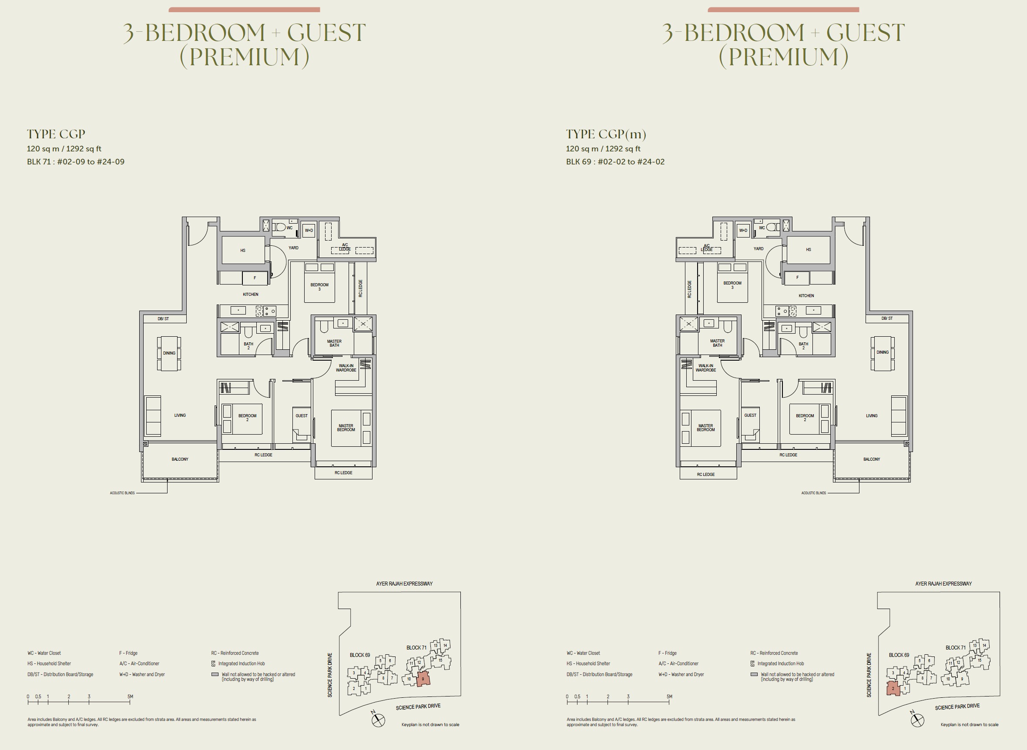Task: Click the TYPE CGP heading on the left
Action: [56, 134]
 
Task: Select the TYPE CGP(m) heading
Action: [606, 134]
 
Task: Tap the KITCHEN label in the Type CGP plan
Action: [250, 295]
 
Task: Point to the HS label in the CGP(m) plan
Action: [808, 250]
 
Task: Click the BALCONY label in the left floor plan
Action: [180, 459]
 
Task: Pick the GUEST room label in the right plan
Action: [750, 415]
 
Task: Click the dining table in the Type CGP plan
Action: [169, 353]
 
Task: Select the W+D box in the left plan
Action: [309, 231]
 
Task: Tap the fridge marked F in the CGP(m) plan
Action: [797, 278]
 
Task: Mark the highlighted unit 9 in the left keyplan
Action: [423, 679]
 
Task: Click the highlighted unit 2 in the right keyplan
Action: [893, 688]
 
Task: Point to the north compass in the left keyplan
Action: [378, 720]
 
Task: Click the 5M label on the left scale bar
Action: [130, 696]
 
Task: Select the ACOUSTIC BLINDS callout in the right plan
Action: [814, 493]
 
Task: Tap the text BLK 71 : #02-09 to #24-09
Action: [75, 162]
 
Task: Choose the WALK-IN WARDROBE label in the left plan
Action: [346, 368]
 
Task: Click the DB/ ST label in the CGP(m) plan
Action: [887, 319]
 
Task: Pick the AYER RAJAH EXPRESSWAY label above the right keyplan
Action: [943, 584]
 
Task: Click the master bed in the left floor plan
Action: [346, 428]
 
